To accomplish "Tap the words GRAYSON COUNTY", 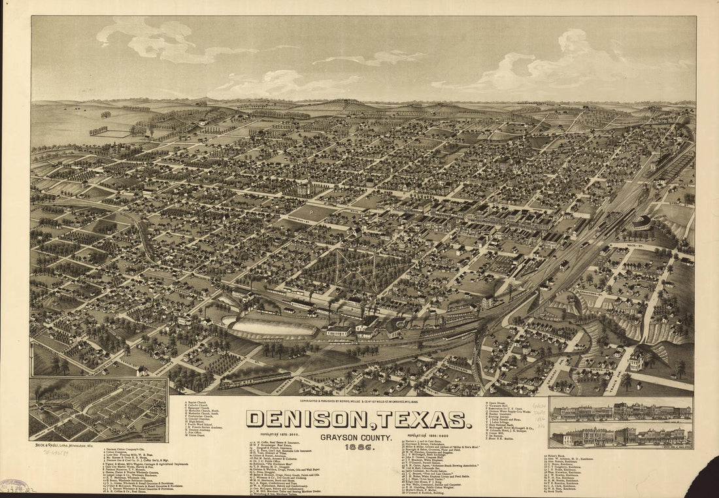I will [x=356, y=437].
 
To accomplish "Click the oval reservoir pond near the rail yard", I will [x=271, y=327].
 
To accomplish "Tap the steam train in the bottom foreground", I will [x=255, y=380].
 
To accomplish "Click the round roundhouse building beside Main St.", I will [x=642, y=223].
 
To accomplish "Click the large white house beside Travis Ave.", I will [x=638, y=360].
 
